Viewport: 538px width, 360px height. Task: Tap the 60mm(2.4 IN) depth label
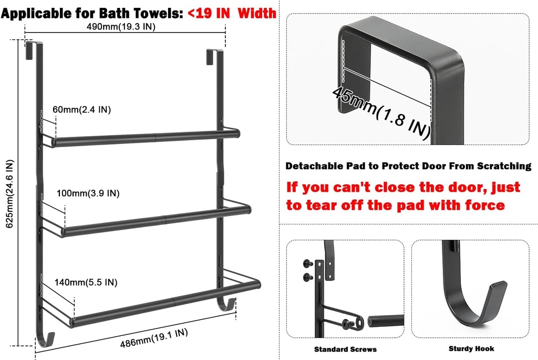pos(81,110)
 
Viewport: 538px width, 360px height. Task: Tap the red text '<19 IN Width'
pos(232,13)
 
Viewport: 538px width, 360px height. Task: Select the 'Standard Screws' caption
pos(345,349)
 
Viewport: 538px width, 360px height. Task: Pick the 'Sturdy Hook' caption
pos(471,348)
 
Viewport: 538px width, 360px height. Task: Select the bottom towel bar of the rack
pos(165,302)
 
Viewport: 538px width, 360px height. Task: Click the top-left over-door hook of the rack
pos(30,48)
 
